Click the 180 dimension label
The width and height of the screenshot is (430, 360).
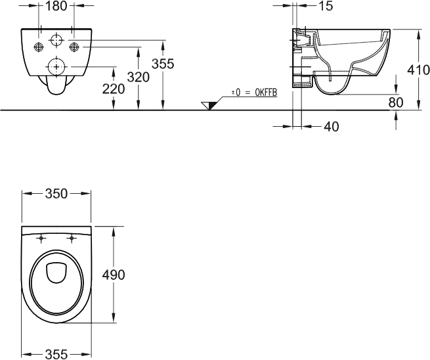point(56,6)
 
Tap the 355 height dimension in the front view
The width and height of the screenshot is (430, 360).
point(163,64)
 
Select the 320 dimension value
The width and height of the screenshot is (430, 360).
point(139,77)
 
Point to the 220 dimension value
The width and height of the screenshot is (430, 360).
point(114,89)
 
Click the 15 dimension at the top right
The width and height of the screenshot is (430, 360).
point(326,6)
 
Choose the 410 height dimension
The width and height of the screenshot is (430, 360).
point(418,70)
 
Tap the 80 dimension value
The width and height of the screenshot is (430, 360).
point(396,102)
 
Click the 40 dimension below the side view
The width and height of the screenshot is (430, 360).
point(332,127)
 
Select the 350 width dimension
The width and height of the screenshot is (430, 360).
point(56,194)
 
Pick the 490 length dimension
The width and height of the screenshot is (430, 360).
point(114,275)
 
